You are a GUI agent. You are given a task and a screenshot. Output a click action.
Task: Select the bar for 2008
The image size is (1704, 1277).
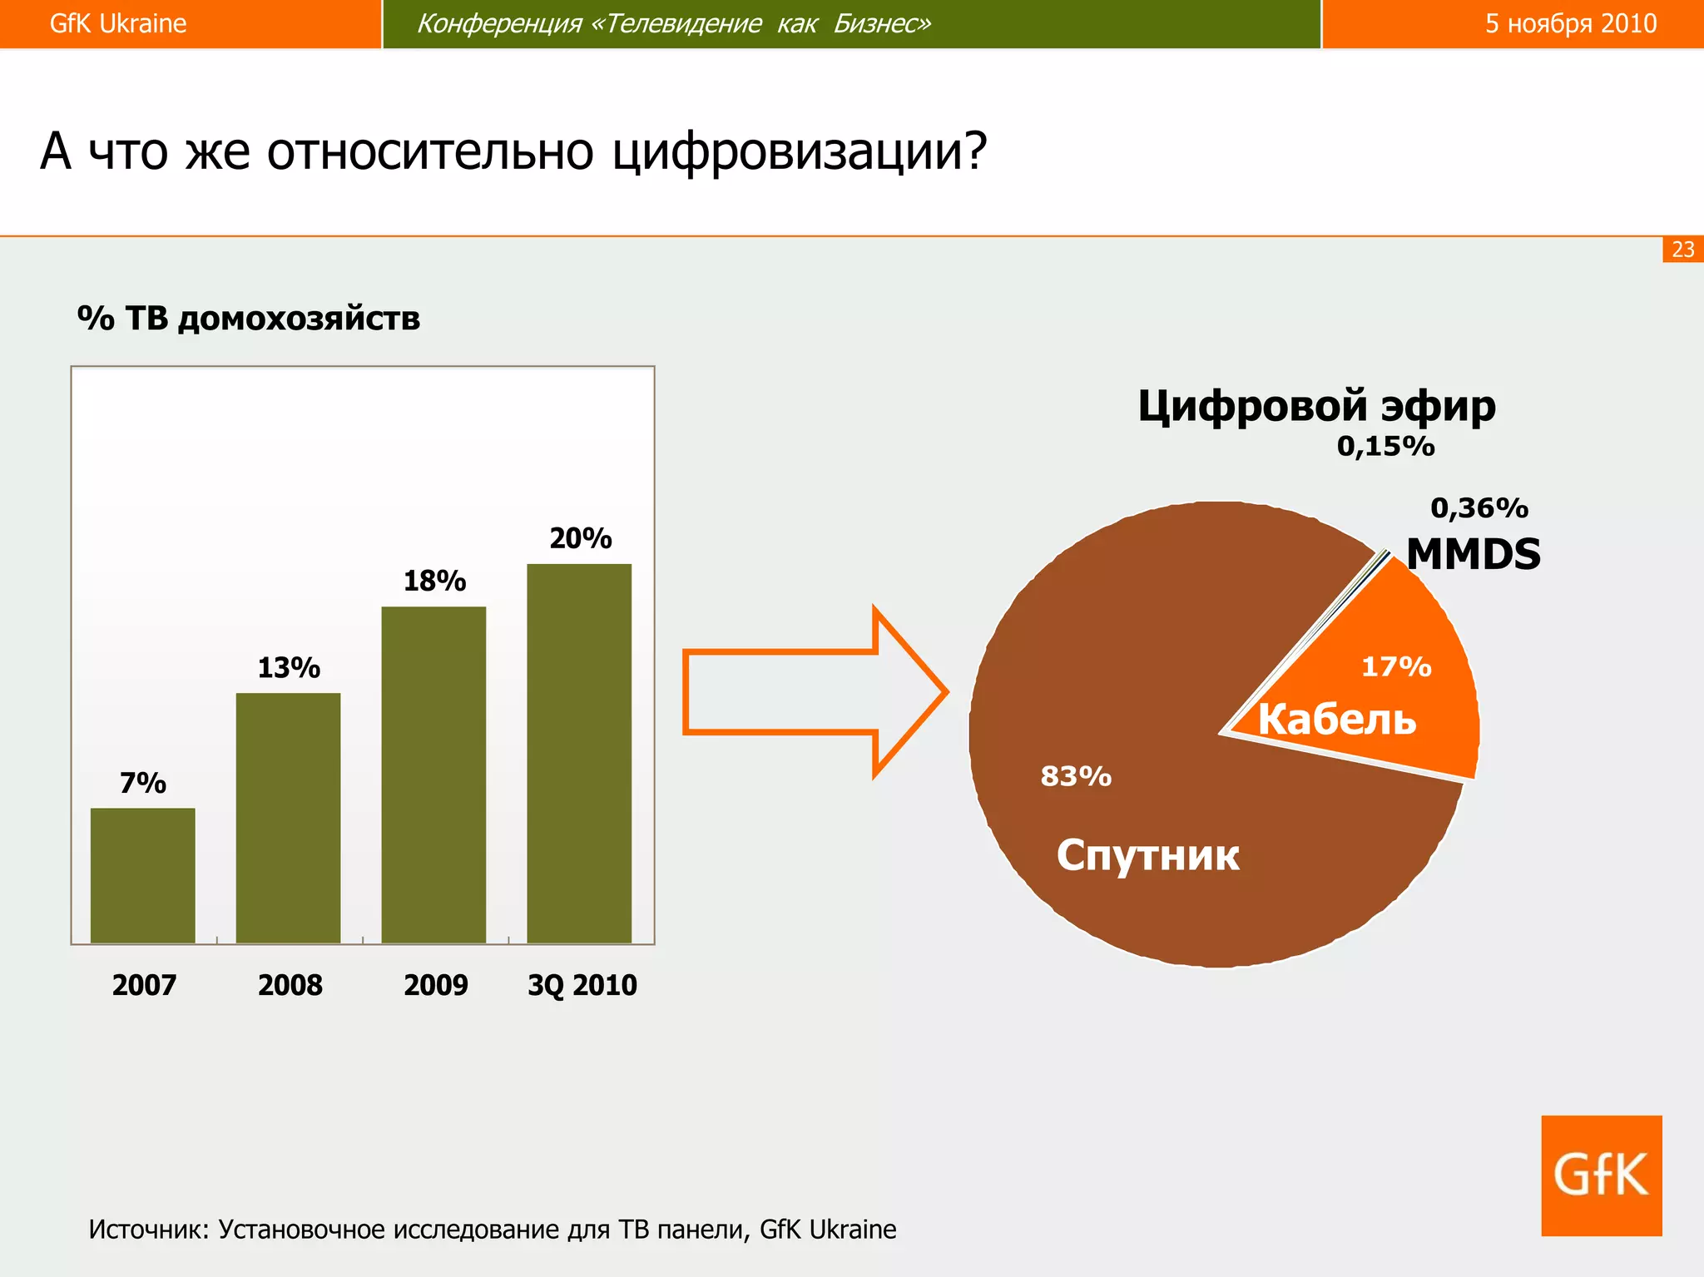[x=288, y=817]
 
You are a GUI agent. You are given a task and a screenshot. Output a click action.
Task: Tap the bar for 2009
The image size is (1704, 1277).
[x=433, y=774]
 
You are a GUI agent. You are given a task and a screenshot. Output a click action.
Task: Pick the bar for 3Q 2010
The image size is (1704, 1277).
[x=579, y=753]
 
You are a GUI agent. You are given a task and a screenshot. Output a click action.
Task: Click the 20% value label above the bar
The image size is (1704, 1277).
[x=580, y=538]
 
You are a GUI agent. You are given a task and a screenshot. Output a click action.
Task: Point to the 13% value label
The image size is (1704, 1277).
[x=288, y=667]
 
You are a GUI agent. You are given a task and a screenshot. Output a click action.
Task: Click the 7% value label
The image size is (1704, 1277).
[x=142, y=783]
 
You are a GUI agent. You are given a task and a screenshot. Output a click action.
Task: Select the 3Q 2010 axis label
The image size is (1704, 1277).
[x=582, y=985]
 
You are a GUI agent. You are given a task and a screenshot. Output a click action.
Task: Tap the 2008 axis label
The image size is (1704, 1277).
[x=290, y=985]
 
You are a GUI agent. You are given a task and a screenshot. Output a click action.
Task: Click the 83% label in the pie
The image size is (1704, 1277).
[x=1076, y=776]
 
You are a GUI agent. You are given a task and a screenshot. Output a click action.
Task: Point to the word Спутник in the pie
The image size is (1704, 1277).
[x=1147, y=855]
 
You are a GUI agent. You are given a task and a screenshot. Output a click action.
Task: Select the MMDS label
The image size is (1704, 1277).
[x=1473, y=554]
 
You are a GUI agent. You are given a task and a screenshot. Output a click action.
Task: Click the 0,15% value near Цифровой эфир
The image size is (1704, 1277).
[x=1385, y=447]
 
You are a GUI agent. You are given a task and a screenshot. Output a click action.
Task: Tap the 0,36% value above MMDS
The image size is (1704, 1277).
[x=1479, y=507]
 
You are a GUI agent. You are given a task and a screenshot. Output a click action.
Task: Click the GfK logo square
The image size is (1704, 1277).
[x=1601, y=1175]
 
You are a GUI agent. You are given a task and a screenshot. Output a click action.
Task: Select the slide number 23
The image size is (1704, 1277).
[x=1682, y=250]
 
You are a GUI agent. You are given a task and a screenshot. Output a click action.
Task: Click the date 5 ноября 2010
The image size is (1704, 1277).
[x=1570, y=23]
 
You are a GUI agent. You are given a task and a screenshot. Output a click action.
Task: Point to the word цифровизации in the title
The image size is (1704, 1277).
[x=799, y=152]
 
